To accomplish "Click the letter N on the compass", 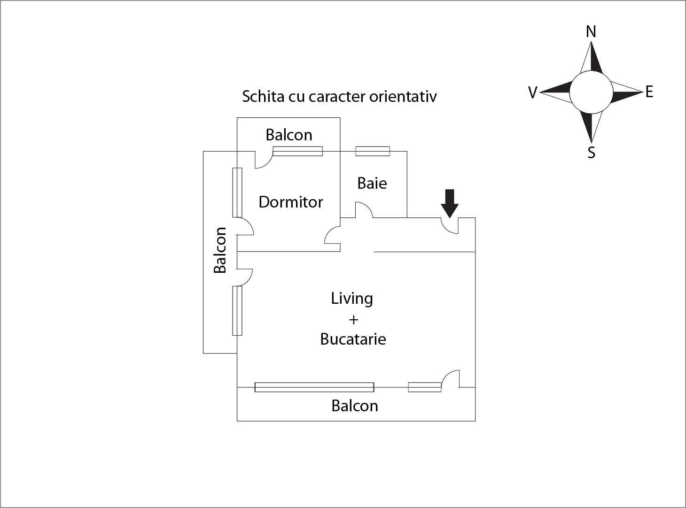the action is (x=591, y=31).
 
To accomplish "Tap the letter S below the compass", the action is (x=592, y=153).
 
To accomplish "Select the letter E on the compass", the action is (x=649, y=92).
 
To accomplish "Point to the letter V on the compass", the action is (x=533, y=92).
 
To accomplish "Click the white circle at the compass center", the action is (x=591, y=92).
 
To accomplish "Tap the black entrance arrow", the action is (x=450, y=203).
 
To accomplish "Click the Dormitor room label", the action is (x=291, y=202).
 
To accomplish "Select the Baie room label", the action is (x=372, y=183).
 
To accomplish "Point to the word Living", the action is (x=352, y=299).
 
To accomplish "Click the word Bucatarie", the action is (x=353, y=339).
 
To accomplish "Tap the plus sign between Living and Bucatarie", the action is (x=353, y=320).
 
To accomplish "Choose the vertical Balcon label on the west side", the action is (x=220, y=250).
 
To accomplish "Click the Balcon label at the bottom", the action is (x=355, y=406).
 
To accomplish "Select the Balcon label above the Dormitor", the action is (x=289, y=135).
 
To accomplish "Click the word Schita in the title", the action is (x=263, y=96).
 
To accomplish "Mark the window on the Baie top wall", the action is (x=373, y=151).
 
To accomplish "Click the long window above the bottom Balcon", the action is (x=314, y=387).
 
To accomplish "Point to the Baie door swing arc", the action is (x=364, y=210).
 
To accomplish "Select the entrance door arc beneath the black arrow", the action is (x=449, y=226).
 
